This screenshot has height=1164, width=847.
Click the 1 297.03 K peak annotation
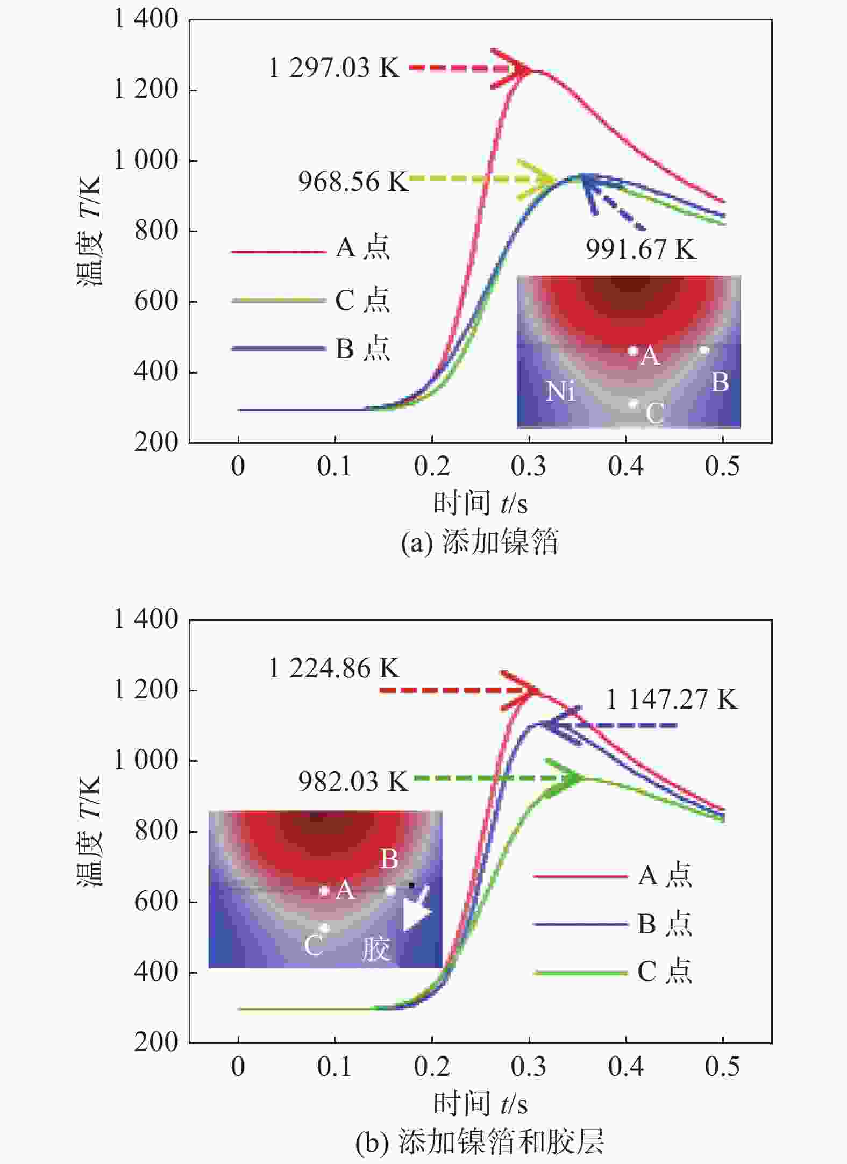pos(333,68)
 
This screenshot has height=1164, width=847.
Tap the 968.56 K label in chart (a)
pos(353,182)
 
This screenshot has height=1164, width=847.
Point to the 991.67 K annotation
pos(640,249)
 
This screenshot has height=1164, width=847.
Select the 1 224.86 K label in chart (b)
pos(333,669)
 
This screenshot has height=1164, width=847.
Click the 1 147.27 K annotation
pos(671,699)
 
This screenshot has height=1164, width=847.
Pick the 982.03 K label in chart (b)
pos(353,781)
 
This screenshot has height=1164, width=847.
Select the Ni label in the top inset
pos(560,391)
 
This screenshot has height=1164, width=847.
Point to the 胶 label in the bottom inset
pos(375,948)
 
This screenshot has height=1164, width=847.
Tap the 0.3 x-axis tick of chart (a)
pos(529,466)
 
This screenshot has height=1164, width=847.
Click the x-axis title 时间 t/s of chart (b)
pos(480,1104)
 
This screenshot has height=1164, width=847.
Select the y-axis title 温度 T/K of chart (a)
pos(89,231)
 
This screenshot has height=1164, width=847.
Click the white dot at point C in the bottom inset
pos(324,928)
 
